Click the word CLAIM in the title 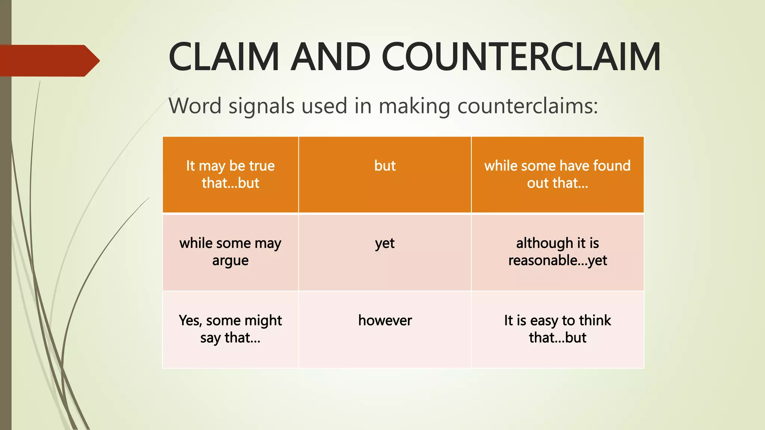pyautogui.click(x=224, y=57)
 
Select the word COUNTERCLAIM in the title pyautogui.click(x=521, y=57)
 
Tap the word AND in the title pyautogui.click(x=331, y=57)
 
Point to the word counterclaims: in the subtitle pyautogui.click(x=528, y=106)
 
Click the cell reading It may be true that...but pyautogui.click(x=230, y=174)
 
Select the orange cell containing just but pyautogui.click(x=385, y=174)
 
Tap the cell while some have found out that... pyautogui.click(x=557, y=174)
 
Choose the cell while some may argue pyautogui.click(x=230, y=252)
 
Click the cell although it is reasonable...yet pyautogui.click(x=557, y=252)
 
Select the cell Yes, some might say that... pyautogui.click(x=230, y=329)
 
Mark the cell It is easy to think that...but pyautogui.click(x=557, y=329)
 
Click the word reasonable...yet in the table pyautogui.click(x=557, y=261)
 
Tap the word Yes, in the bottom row pyautogui.click(x=190, y=321)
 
